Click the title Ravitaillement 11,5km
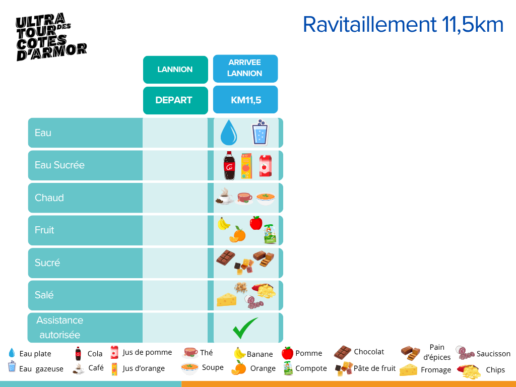pyautogui.click(x=403, y=25)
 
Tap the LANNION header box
pyautogui.click(x=175, y=70)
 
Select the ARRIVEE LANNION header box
pyautogui.click(x=245, y=68)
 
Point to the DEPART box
pyautogui.click(x=174, y=100)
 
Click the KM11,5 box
pyautogui.click(x=245, y=100)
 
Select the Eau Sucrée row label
pyautogui.click(x=59, y=165)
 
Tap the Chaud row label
pyautogui.click(x=49, y=198)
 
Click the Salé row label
pyautogui.click(x=44, y=295)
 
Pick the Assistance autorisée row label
pyautogui.click(x=59, y=328)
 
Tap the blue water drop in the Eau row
pyautogui.click(x=229, y=132)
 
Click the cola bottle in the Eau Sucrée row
pyautogui.click(x=229, y=165)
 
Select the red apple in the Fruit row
pyautogui.click(x=256, y=223)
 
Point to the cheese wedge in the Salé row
pyautogui.click(x=226, y=299)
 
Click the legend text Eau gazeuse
pyautogui.click(x=41, y=369)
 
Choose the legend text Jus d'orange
pyautogui.click(x=144, y=368)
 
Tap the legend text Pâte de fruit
pyautogui.click(x=374, y=368)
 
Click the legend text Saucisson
pyautogui.click(x=493, y=354)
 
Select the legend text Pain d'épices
pyautogui.click(x=436, y=352)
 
